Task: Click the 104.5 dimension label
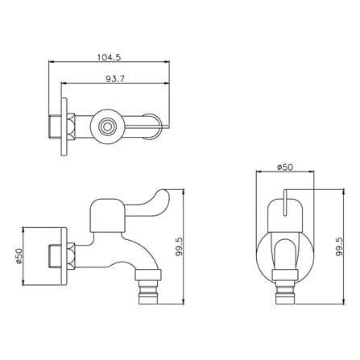pos(109,57)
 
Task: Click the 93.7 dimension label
pos(115,79)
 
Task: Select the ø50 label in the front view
pos(285,168)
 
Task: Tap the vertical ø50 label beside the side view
pos(19,256)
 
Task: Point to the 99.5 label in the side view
pos(180,246)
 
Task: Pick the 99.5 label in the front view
pos(339,246)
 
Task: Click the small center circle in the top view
pos(107,126)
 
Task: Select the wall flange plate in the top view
pos(64,126)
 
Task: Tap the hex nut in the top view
pos(71,126)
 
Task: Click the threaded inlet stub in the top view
pos(55,126)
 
